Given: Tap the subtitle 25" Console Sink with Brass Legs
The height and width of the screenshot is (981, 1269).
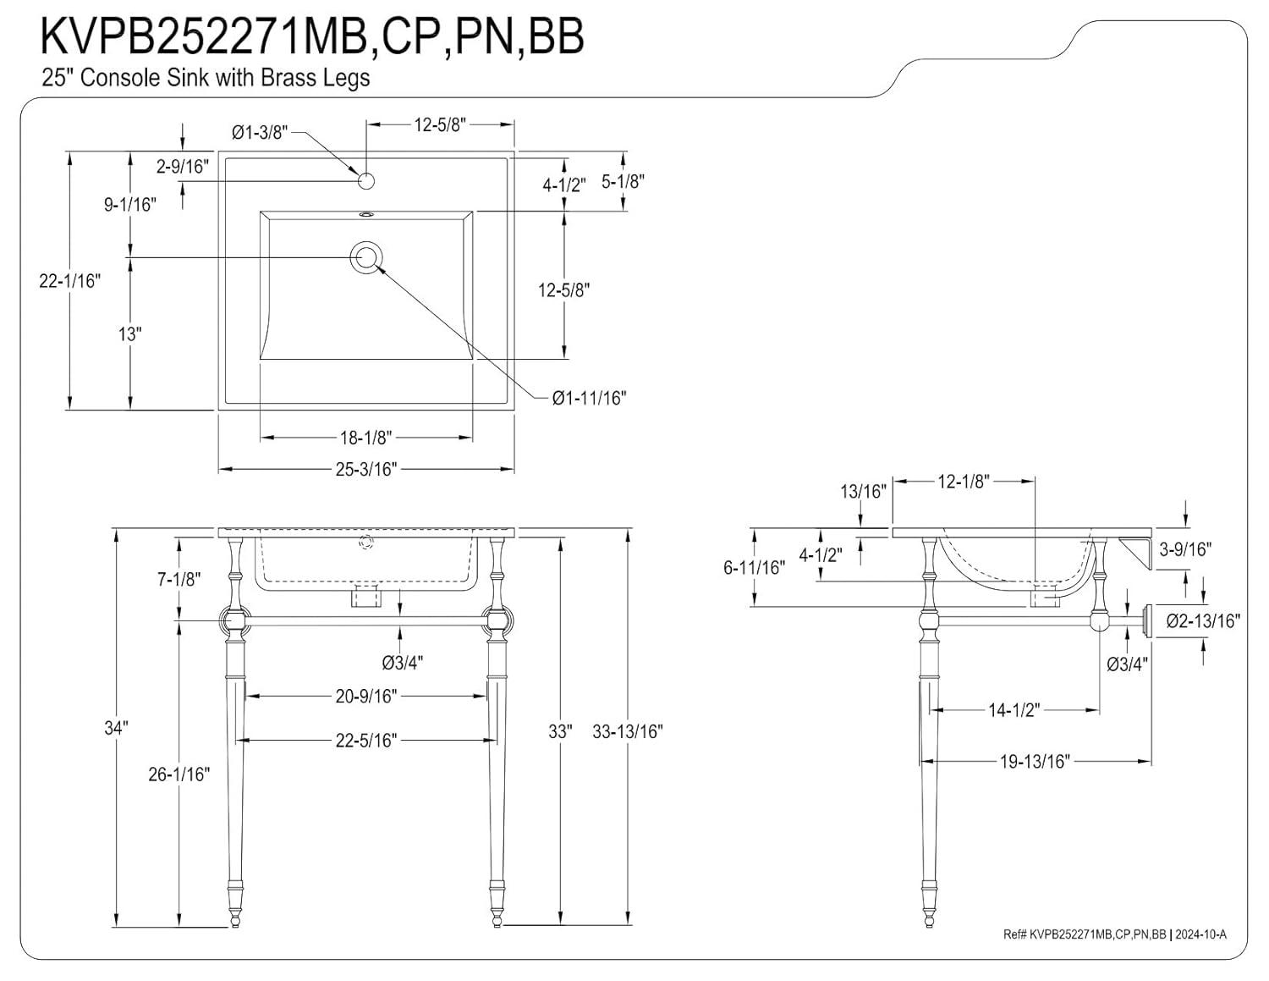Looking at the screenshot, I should point(206,78).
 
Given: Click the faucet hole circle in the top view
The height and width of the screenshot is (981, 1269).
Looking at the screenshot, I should point(366,180).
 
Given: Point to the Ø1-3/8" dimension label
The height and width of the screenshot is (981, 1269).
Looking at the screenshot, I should point(260,132).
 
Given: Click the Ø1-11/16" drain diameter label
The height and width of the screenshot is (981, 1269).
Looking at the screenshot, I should point(589,398).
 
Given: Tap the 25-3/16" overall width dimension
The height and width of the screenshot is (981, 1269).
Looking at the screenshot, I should point(365,469).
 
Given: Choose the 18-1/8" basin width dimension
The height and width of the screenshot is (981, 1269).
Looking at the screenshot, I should point(365,438).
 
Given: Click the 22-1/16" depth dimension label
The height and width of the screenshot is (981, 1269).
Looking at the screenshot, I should point(69,280).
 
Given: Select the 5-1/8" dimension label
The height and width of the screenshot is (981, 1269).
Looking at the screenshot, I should point(623,181).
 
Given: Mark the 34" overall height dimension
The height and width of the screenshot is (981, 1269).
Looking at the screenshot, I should point(115,728).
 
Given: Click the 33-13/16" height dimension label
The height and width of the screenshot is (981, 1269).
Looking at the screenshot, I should point(627,732).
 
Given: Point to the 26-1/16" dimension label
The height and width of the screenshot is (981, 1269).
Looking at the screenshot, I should point(179,774).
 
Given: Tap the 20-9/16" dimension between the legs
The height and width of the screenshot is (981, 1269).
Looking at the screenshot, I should point(365,697).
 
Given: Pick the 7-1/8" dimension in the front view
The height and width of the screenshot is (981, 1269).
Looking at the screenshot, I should point(179,580).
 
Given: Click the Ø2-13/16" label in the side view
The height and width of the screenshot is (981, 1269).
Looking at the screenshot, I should point(1203,621).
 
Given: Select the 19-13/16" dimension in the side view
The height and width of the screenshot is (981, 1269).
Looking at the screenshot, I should point(1035,762).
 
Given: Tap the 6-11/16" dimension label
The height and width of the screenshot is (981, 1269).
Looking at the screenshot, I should point(754,568).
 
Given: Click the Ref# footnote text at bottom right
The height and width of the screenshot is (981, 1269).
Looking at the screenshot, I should point(1113,934).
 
